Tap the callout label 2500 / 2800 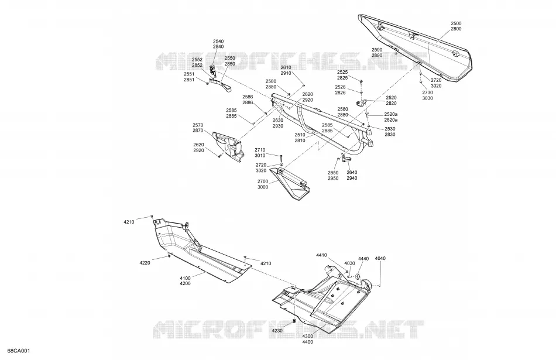coord(456,26)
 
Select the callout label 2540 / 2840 coord(218,44)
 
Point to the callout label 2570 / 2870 coord(198,128)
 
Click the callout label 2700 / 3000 coord(263,184)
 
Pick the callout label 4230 coord(277,331)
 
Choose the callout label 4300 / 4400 coord(307,339)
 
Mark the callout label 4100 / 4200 coord(185,280)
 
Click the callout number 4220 coord(145,263)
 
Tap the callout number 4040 coord(380,258)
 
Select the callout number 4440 coord(363,259)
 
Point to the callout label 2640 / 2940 coord(352,175)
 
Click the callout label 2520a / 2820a coord(391,117)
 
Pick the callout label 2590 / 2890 coord(377,53)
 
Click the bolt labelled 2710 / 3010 coord(281,158)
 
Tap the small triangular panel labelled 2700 coord(290,183)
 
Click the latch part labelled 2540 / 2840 coord(213,71)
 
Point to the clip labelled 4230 coord(294,321)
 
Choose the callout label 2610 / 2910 coord(286,70)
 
